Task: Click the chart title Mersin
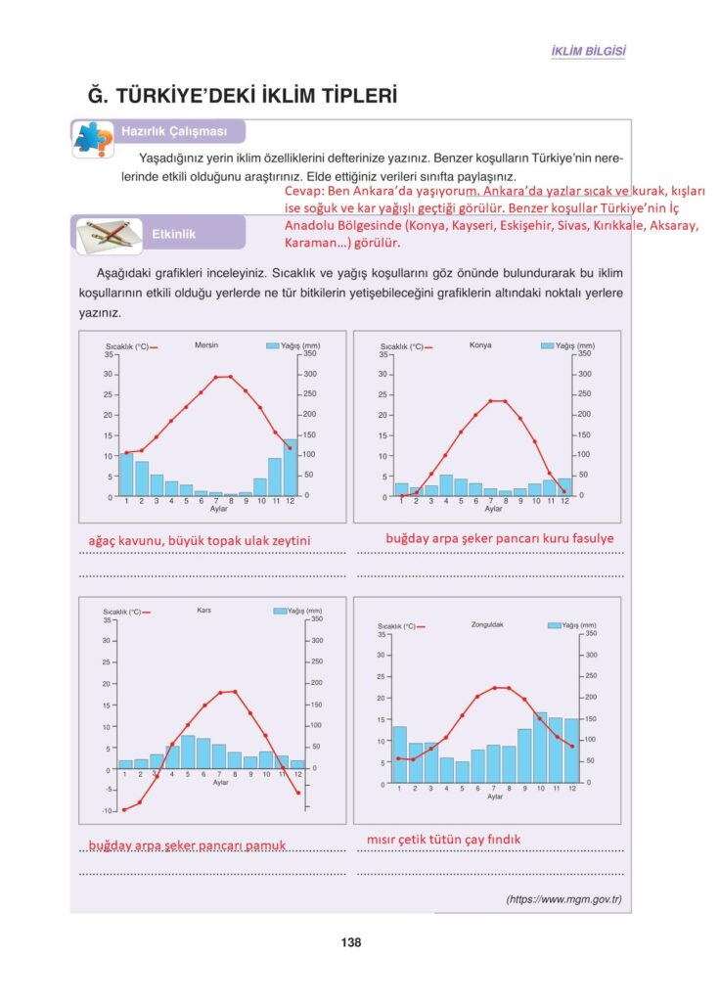206,345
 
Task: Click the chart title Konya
480,345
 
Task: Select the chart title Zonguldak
486,623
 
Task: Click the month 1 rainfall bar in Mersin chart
126,474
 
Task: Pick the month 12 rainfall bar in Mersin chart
290,468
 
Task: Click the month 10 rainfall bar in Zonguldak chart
540,747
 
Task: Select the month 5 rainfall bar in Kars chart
188,751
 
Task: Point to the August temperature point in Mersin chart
231,376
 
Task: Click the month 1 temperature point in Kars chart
124,810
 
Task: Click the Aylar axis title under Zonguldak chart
495,797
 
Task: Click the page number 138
351,942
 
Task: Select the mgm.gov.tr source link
563,899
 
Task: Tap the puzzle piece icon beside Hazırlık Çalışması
93,138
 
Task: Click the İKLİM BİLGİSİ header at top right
589,51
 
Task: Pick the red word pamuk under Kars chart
267,844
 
